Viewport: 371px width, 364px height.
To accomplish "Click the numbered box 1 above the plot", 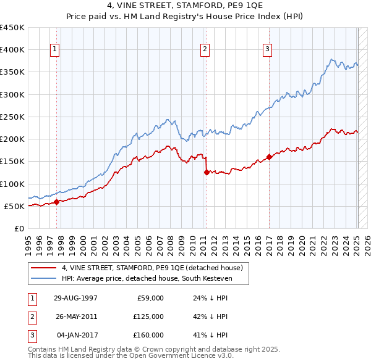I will point(55,50).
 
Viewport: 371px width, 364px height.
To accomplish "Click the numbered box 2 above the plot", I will point(205,50).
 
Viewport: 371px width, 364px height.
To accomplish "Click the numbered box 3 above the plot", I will point(268,50).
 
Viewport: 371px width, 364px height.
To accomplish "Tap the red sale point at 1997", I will point(56,202).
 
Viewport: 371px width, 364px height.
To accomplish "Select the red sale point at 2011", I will point(206,173).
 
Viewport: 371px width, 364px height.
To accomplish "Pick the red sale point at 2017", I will point(269,157).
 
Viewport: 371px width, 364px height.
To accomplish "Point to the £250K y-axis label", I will point(12,117).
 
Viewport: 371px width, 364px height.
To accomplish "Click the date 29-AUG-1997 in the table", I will point(75,298).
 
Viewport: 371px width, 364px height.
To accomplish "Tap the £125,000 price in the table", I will point(148,316).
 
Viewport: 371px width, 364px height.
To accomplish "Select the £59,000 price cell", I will point(150,298).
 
